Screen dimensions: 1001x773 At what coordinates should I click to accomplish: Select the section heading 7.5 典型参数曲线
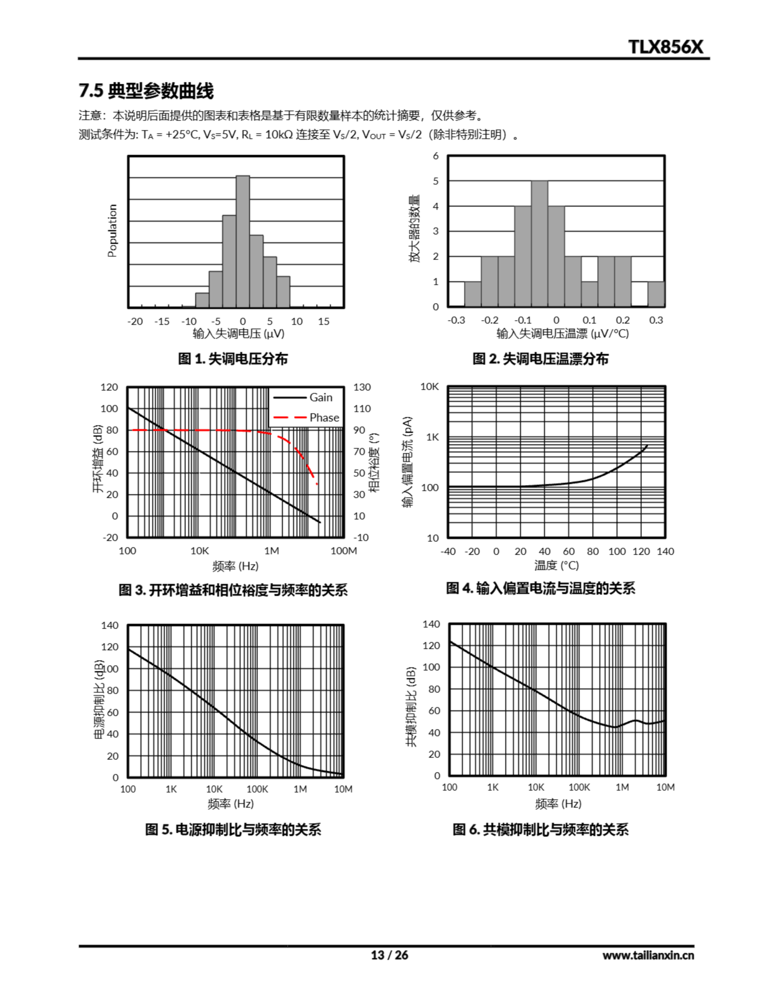pyautogui.click(x=146, y=91)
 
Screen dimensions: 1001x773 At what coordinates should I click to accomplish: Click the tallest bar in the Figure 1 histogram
pyautogui.click(x=243, y=240)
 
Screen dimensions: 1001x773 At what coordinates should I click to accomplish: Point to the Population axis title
pyautogui.click(x=112, y=231)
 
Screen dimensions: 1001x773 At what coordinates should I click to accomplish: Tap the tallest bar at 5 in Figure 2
pyautogui.click(x=539, y=243)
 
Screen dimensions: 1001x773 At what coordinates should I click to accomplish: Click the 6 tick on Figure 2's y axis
pyautogui.click(x=436, y=156)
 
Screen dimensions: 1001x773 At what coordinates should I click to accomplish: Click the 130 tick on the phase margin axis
pyautogui.click(x=361, y=387)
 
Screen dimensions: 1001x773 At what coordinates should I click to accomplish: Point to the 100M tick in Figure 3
pyautogui.click(x=344, y=551)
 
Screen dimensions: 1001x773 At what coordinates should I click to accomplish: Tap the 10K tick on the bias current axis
pyautogui.click(x=429, y=387)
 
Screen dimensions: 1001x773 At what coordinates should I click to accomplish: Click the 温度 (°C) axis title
pyautogui.click(x=556, y=565)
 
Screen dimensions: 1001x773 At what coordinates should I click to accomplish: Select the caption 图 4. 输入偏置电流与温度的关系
pyautogui.click(x=541, y=588)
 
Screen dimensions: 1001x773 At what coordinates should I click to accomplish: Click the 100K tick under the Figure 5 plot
pyautogui.click(x=257, y=789)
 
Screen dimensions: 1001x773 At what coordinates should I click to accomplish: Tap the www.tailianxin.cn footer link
pyautogui.click(x=648, y=955)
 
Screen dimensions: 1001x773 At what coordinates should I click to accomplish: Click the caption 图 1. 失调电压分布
pyautogui.click(x=233, y=359)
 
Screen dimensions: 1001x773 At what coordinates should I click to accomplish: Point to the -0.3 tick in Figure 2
pyautogui.click(x=456, y=320)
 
